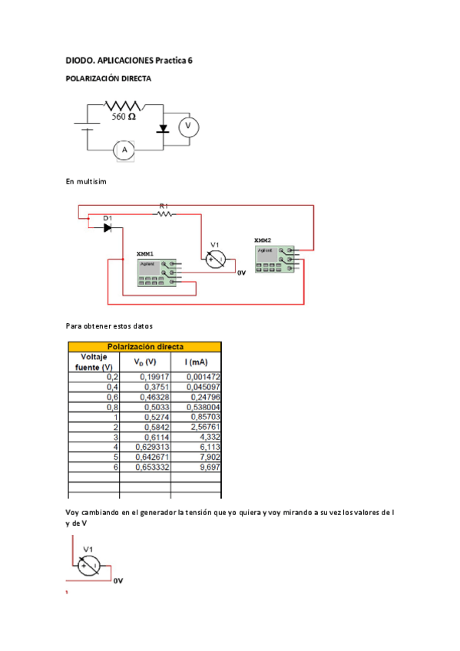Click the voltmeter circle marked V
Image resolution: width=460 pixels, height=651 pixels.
[x=184, y=127]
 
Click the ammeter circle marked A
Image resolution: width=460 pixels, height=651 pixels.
[x=123, y=150]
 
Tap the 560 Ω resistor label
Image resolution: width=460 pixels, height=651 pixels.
[x=124, y=117]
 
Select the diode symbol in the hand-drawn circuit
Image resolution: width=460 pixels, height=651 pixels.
[x=162, y=129]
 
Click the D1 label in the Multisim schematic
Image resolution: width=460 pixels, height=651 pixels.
[x=108, y=219]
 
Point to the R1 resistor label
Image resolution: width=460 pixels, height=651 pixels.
[x=163, y=206]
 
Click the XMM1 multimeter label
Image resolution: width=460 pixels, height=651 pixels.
[x=144, y=253]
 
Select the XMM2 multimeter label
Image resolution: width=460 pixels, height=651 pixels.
[x=263, y=240]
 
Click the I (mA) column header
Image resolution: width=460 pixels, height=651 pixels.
[x=196, y=362]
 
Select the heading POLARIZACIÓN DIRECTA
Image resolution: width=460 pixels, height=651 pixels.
[x=108, y=79]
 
